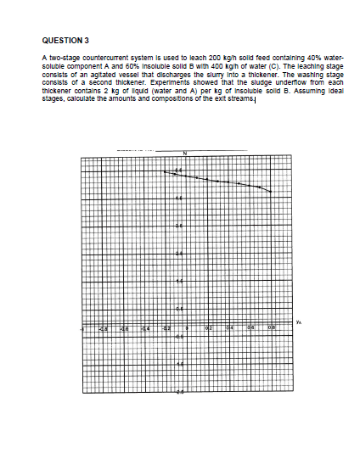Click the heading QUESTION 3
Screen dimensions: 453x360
65,39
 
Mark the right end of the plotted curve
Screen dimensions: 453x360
271,191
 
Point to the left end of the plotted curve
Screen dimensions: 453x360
164,171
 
